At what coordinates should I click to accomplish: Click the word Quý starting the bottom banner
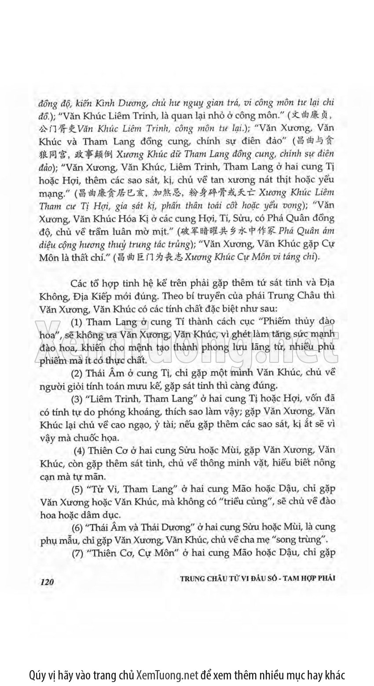[x=37, y=674]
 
